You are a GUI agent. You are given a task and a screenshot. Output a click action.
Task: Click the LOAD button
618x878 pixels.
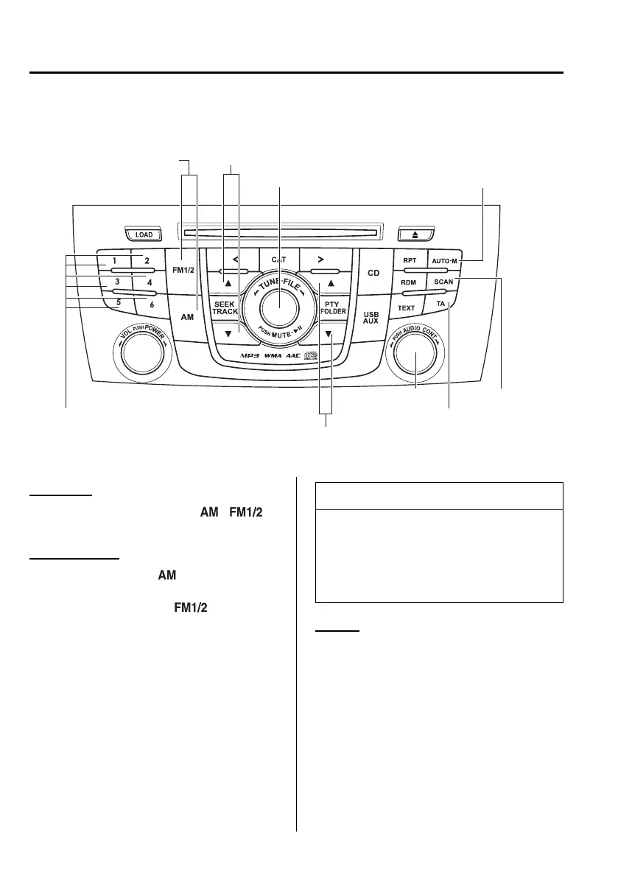click(x=144, y=234)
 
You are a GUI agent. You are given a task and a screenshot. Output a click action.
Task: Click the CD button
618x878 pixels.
click(x=373, y=273)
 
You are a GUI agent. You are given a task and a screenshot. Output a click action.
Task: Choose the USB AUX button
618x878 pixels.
click(x=371, y=317)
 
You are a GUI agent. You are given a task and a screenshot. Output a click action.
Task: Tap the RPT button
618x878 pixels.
click(x=410, y=261)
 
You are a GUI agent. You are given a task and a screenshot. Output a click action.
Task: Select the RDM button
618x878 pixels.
click(x=409, y=282)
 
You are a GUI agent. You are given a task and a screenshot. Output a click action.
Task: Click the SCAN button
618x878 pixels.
click(x=443, y=282)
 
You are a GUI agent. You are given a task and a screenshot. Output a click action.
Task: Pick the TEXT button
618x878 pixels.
click(x=407, y=308)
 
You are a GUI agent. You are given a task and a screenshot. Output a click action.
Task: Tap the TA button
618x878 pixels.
click(x=440, y=304)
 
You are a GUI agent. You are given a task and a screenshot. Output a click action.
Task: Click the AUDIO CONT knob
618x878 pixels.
click(x=415, y=357)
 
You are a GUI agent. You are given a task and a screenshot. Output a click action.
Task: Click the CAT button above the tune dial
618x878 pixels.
click(x=278, y=259)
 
